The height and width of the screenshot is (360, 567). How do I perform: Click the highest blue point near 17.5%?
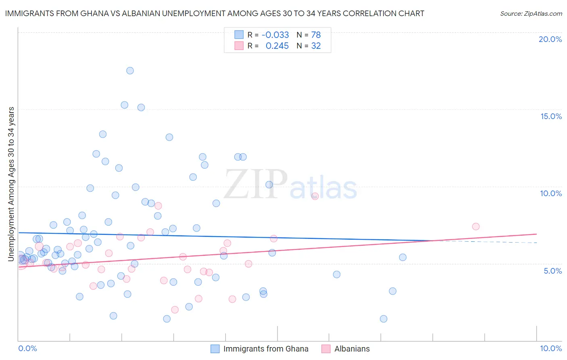coord(130,71)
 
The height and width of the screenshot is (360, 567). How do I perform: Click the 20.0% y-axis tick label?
coord(550,39)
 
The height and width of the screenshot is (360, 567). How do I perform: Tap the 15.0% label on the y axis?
coord(551,116)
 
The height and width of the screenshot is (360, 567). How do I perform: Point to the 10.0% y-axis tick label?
coord(551,193)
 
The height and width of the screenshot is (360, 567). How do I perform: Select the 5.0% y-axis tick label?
coord(552,271)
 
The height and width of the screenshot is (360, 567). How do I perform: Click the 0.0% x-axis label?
coord(27,348)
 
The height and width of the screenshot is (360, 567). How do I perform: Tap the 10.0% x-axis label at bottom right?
coord(550,348)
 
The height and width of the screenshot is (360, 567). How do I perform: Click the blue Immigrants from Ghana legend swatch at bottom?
coord(215,349)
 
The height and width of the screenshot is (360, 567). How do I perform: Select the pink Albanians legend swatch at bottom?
coord(326,349)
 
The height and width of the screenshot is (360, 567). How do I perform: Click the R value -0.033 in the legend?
coord(275,35)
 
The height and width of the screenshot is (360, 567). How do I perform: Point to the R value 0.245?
coord(277,46)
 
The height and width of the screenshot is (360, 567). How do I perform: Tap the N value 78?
coord(316,35)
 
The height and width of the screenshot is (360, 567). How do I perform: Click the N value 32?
coord(316,46)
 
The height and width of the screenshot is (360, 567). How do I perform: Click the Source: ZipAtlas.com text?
coord(531,14)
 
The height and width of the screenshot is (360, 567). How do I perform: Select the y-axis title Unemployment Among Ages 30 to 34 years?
coord(11,184)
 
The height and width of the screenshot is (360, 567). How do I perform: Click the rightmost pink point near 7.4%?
coord(475,226)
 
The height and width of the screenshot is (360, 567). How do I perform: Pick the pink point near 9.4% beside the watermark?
coord(315,196)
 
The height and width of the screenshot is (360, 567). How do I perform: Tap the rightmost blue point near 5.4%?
coord(402,257)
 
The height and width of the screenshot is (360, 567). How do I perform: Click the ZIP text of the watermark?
coord(256,184)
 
